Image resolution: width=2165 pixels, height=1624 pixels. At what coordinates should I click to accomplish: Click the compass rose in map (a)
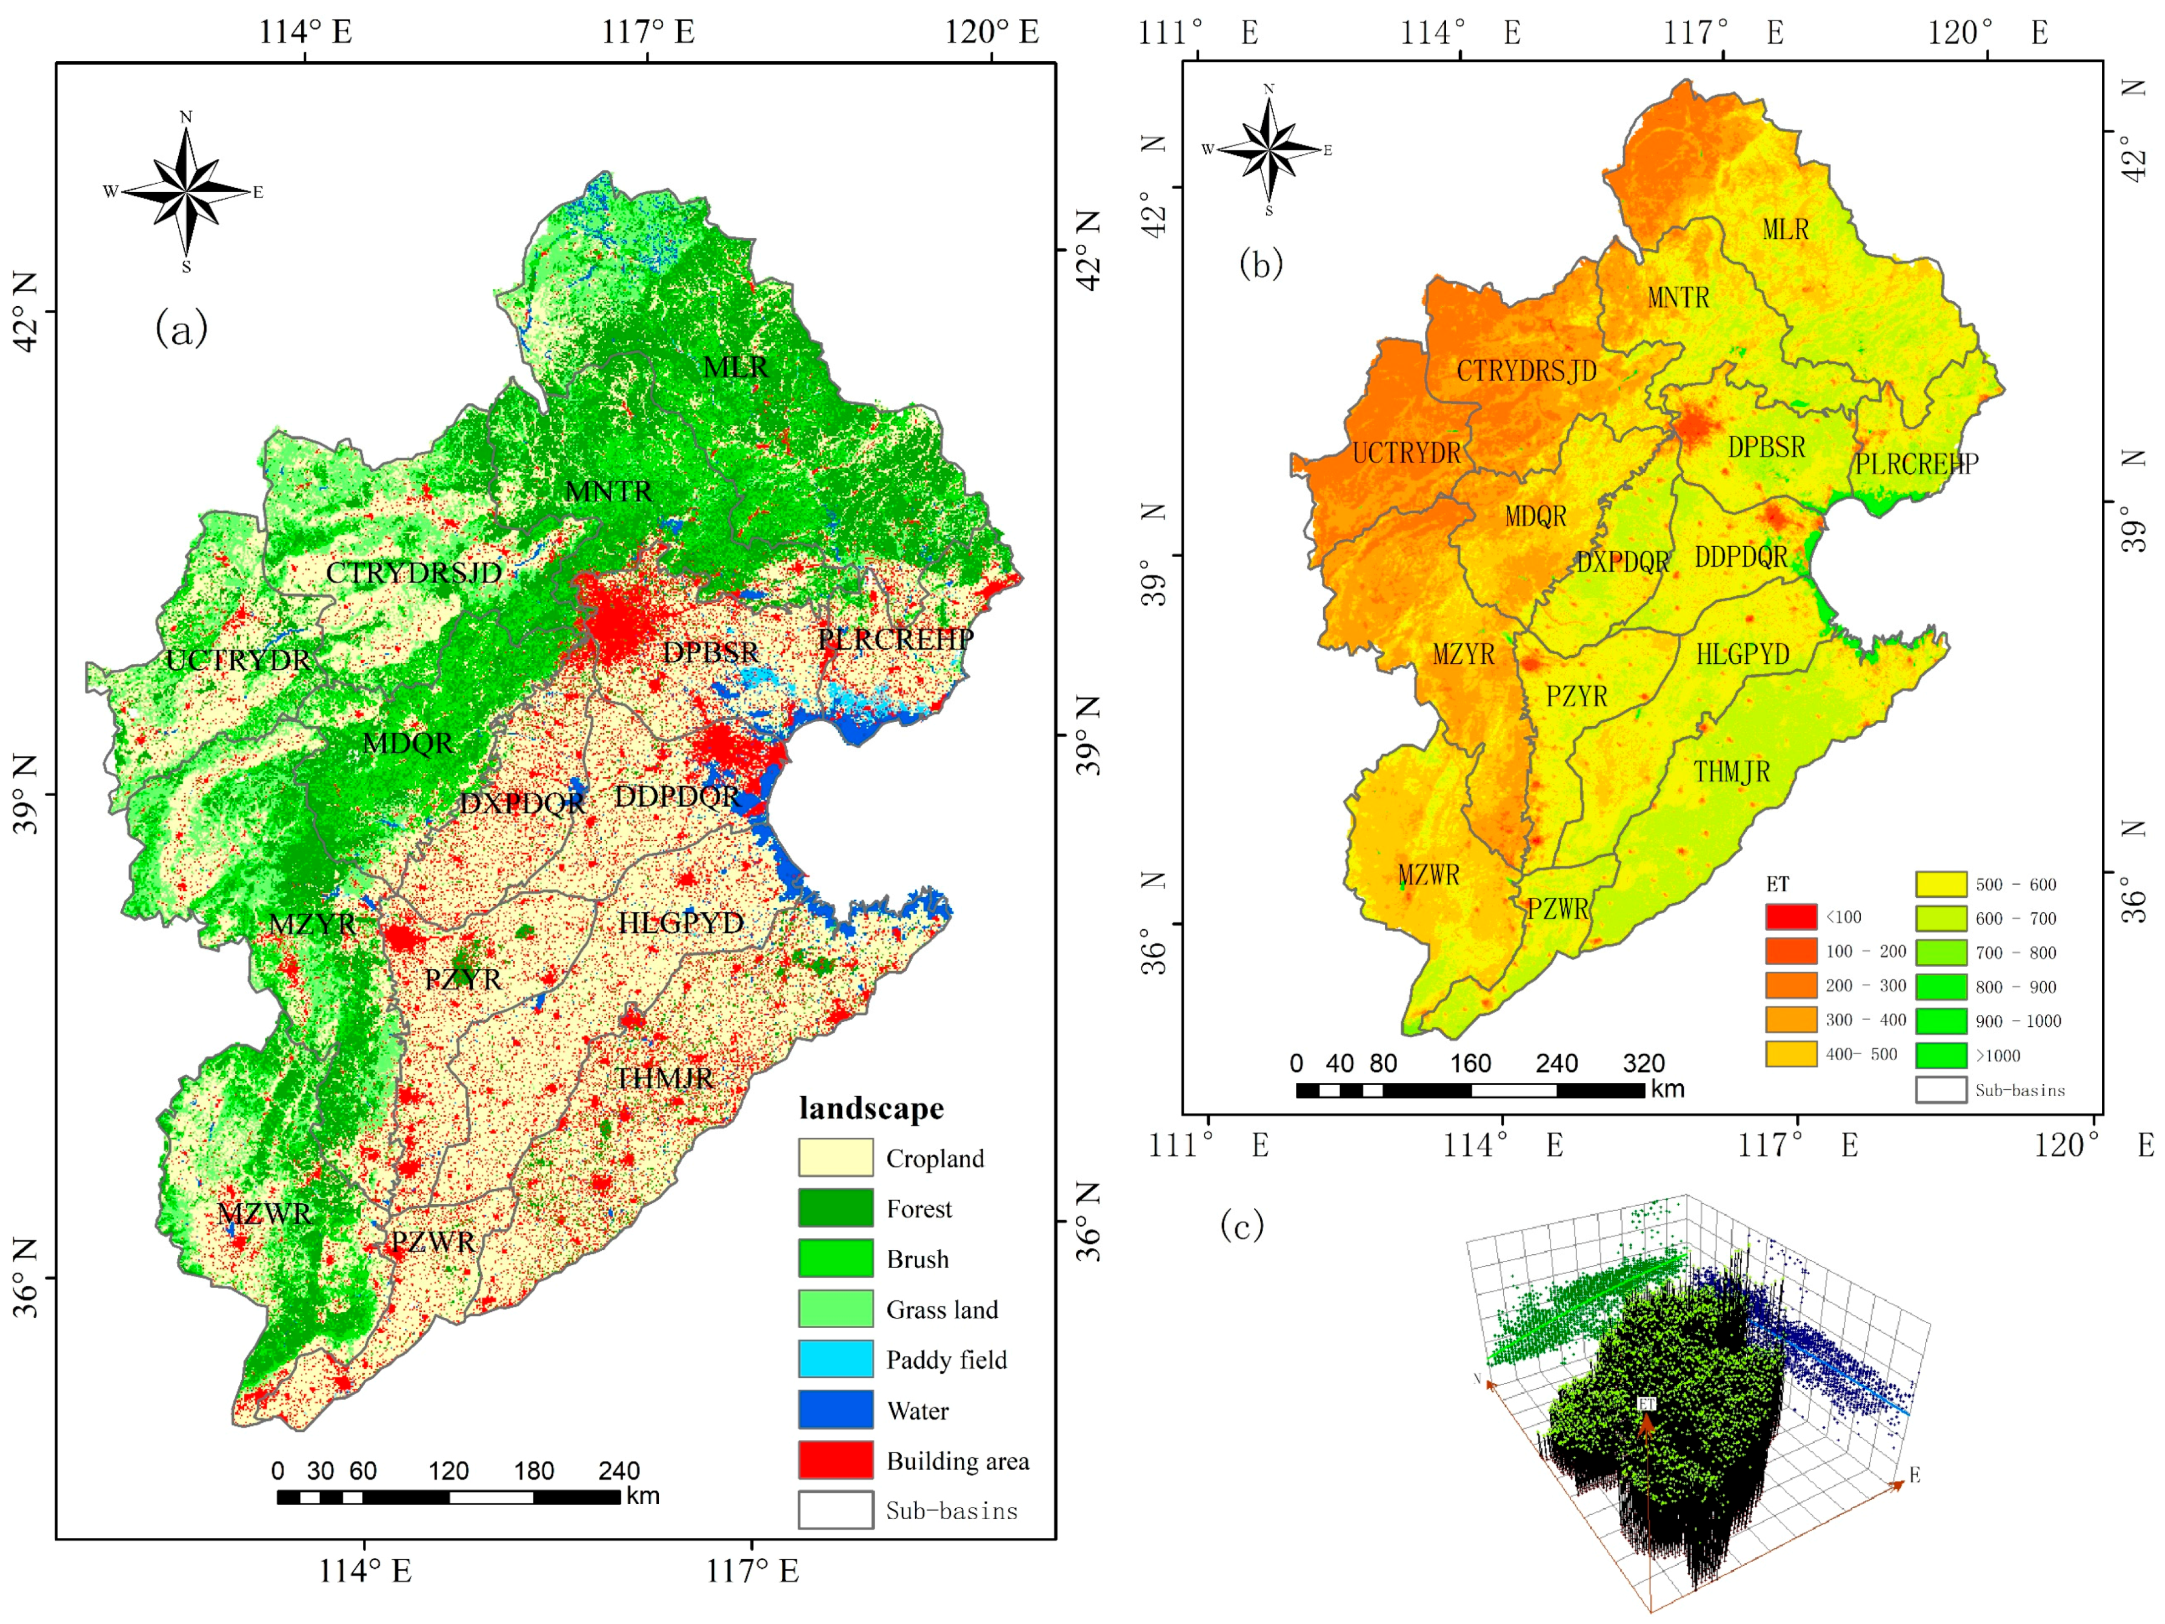pos(186,192)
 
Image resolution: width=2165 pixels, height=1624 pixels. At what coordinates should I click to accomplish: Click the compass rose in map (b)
pos(1269,150)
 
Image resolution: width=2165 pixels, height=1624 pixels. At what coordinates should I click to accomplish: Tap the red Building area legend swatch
pos(835,1460)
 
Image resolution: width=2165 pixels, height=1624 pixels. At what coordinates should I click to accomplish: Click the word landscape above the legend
pos(871,1108)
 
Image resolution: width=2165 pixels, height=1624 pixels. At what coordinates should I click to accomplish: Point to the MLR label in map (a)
pos(736,367)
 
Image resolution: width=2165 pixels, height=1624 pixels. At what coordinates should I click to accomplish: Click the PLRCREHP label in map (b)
pos(1916,464)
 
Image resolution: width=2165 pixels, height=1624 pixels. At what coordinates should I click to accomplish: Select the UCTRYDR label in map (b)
pos(1407,453)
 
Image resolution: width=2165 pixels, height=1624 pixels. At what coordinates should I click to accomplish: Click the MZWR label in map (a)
pos(264,1214)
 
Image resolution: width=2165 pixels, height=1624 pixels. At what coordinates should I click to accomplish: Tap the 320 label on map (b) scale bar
pos(1643,1064)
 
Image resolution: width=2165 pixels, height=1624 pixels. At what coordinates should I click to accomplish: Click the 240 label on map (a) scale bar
pos(619,1470)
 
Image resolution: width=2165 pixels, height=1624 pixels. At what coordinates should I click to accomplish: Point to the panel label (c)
pos(1242,1225)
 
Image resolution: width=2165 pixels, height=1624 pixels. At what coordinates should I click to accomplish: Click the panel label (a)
pos(182,329)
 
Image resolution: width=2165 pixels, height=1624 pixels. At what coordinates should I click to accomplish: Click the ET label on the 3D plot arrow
pos(1647,1404)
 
